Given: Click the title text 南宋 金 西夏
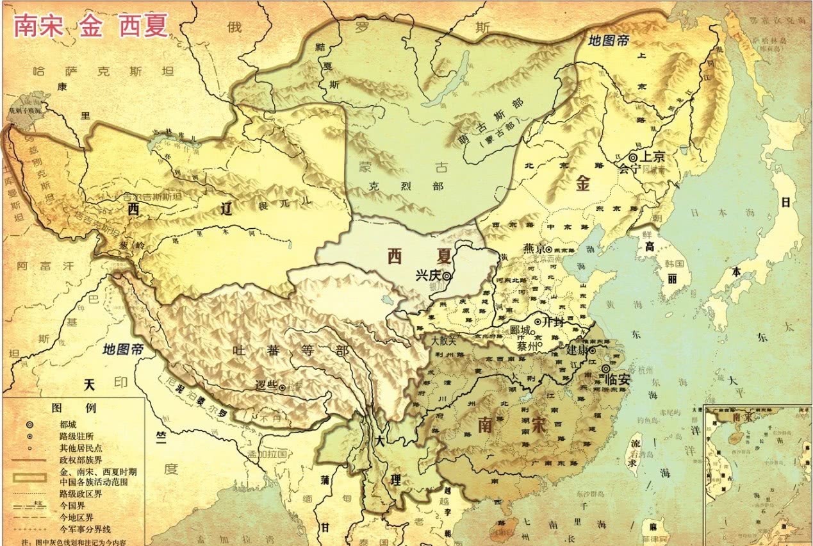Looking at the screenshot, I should [91, 25].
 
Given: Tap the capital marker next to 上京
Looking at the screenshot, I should [633, 157].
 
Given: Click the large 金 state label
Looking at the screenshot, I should [582, 184].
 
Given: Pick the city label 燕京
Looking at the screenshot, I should [534, 249].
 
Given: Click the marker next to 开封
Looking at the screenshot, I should [537, 321].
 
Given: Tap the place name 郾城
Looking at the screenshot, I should [521, 331].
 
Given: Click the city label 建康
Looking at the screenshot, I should [578, 351].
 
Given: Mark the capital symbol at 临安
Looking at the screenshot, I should [605, 369].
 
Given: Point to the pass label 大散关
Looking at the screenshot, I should [443, 341].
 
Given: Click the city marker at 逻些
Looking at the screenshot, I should [282, 387].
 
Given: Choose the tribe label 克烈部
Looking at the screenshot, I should [389, 186].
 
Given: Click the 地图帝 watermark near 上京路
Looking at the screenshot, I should [609, 40].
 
